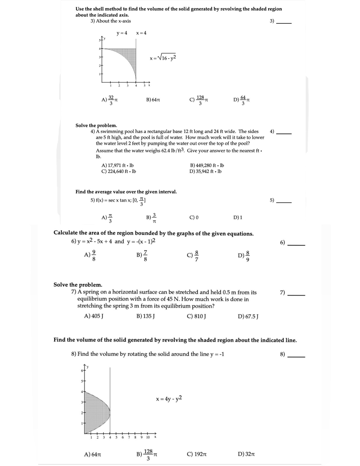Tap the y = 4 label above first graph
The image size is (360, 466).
pos(121,33)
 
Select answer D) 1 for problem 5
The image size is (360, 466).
pos(238,218)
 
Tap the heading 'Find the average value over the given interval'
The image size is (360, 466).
pos(126,192)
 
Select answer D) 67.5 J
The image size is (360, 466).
pos(248,316)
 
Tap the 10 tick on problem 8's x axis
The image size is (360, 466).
pos(149,438)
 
